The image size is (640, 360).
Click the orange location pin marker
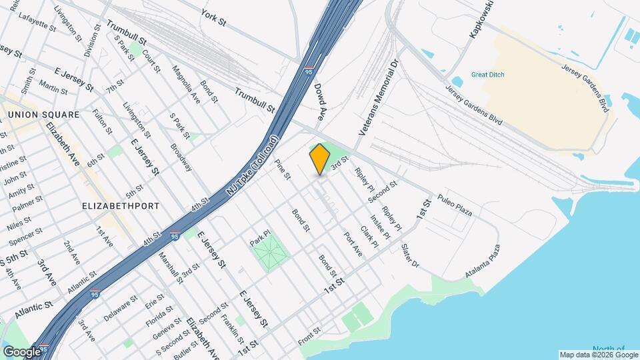(x=320, y=159)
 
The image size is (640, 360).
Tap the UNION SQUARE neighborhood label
(x=44, y=115)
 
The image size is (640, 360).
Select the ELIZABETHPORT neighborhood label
(x=121, y=206)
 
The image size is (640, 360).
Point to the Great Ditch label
(x=487, y=75)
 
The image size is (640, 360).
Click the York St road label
(x=214, y=17)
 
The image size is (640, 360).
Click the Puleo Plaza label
(x=455, y=205)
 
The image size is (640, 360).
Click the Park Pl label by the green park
(x=259, y=237)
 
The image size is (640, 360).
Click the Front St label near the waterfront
(x=309, y=336)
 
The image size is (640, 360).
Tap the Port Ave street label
(x=353, y=244)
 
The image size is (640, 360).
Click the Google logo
(x=22, y=351)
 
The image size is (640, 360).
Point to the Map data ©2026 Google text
(x=598, y=355)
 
